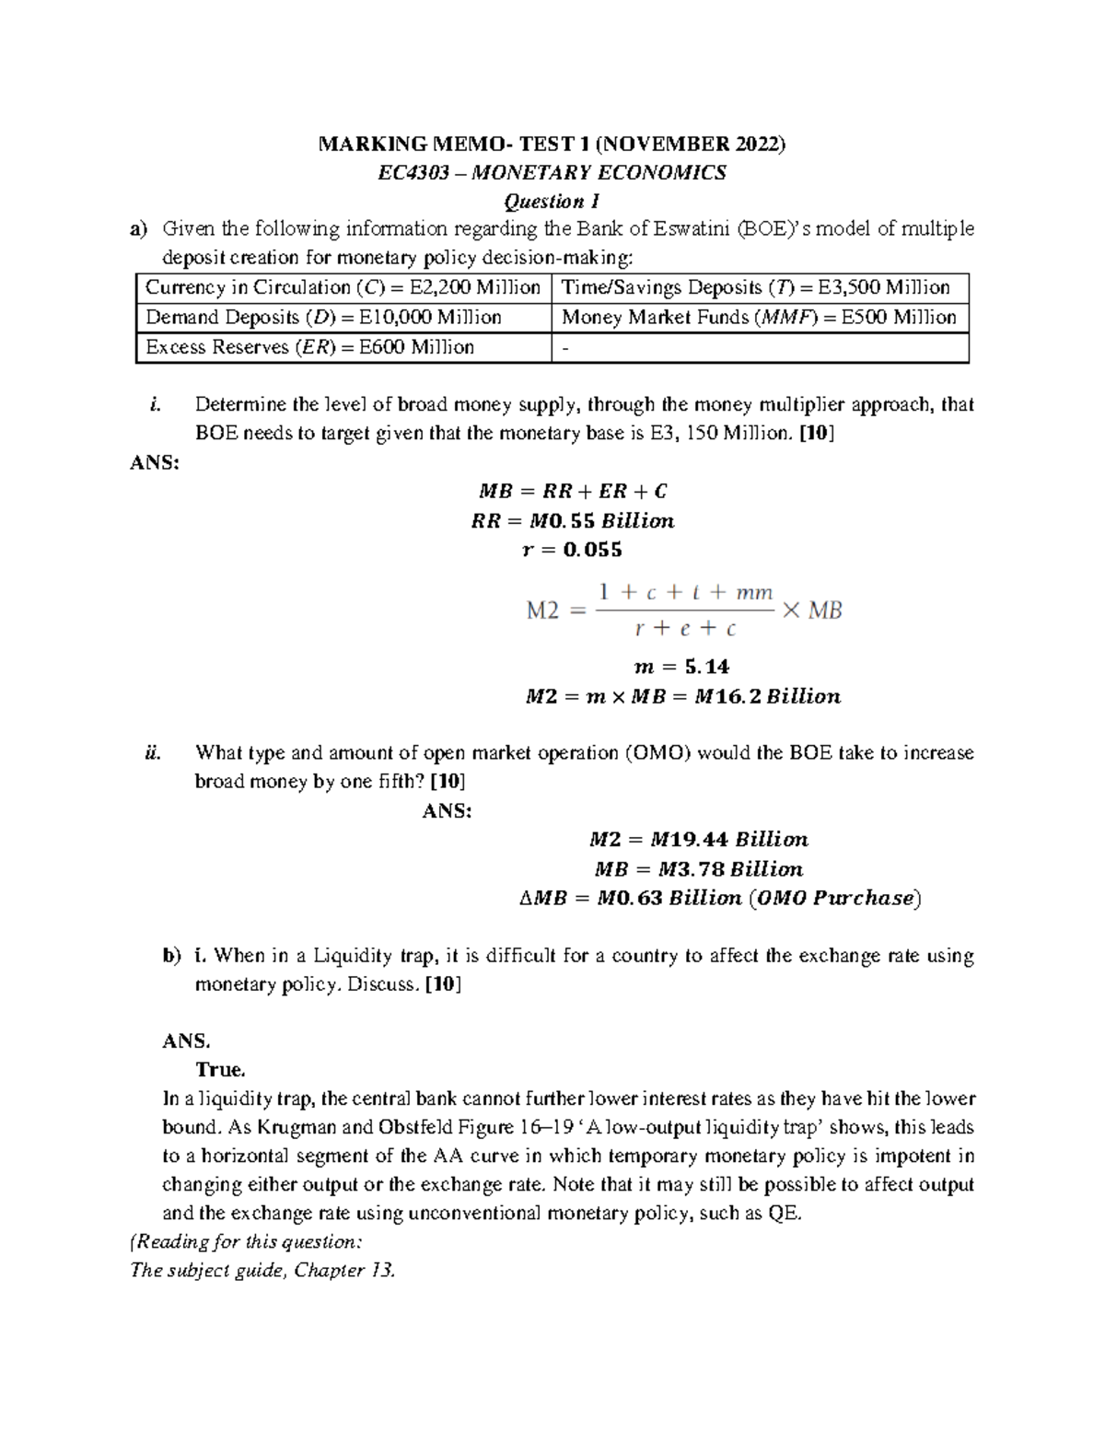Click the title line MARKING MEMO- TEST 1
click(552, 144)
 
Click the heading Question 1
click(552, 201)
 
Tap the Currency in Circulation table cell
click(343, 287)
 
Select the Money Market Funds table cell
click(759, 318)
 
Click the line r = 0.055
click(572, 550)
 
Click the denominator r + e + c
click(686, 629)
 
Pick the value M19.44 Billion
click(728, 839)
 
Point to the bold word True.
click(220, 1070)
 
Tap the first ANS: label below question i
click(156, 462)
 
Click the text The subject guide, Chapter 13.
click(263, 1271)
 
